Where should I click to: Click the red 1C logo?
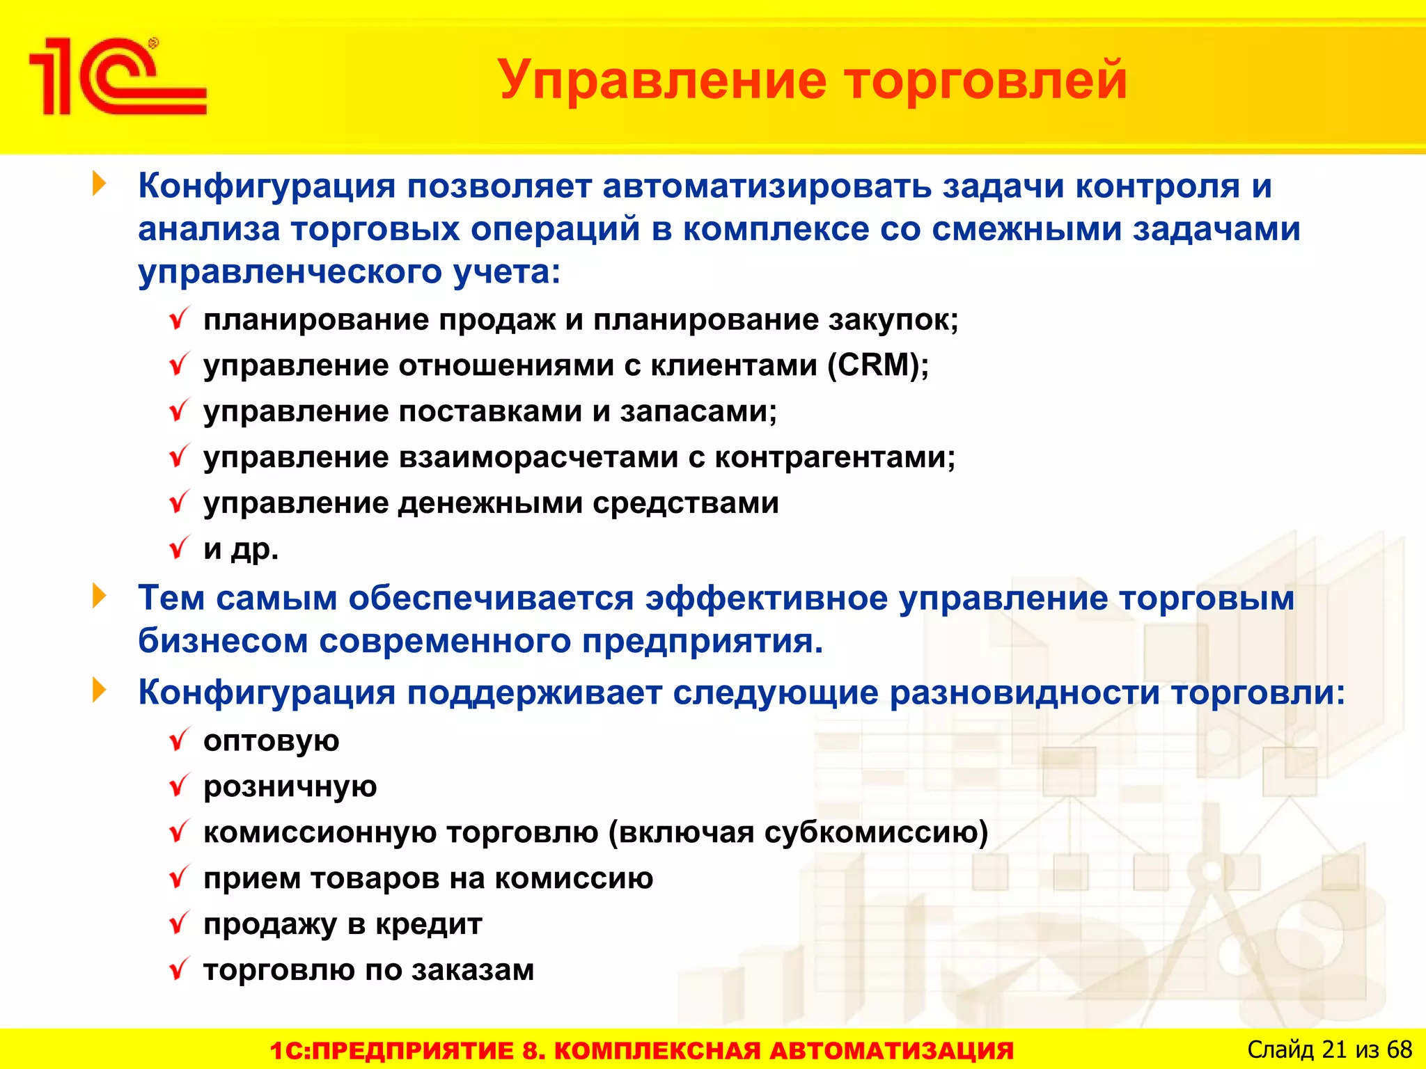(117, 77)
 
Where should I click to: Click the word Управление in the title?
(662, 80)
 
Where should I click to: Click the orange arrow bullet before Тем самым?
(100, 596)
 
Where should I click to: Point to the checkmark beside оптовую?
(180, 739)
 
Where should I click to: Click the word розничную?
(290, 786)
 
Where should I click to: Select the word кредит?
(429, 924)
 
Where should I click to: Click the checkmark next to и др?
(180, 548)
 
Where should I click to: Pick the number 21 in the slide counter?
(1333, 1050)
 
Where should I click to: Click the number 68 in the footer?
(1399, 1050)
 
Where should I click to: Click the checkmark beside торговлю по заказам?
(180, 969)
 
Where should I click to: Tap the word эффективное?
(766, 599)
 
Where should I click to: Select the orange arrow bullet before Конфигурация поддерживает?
(100, 691)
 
